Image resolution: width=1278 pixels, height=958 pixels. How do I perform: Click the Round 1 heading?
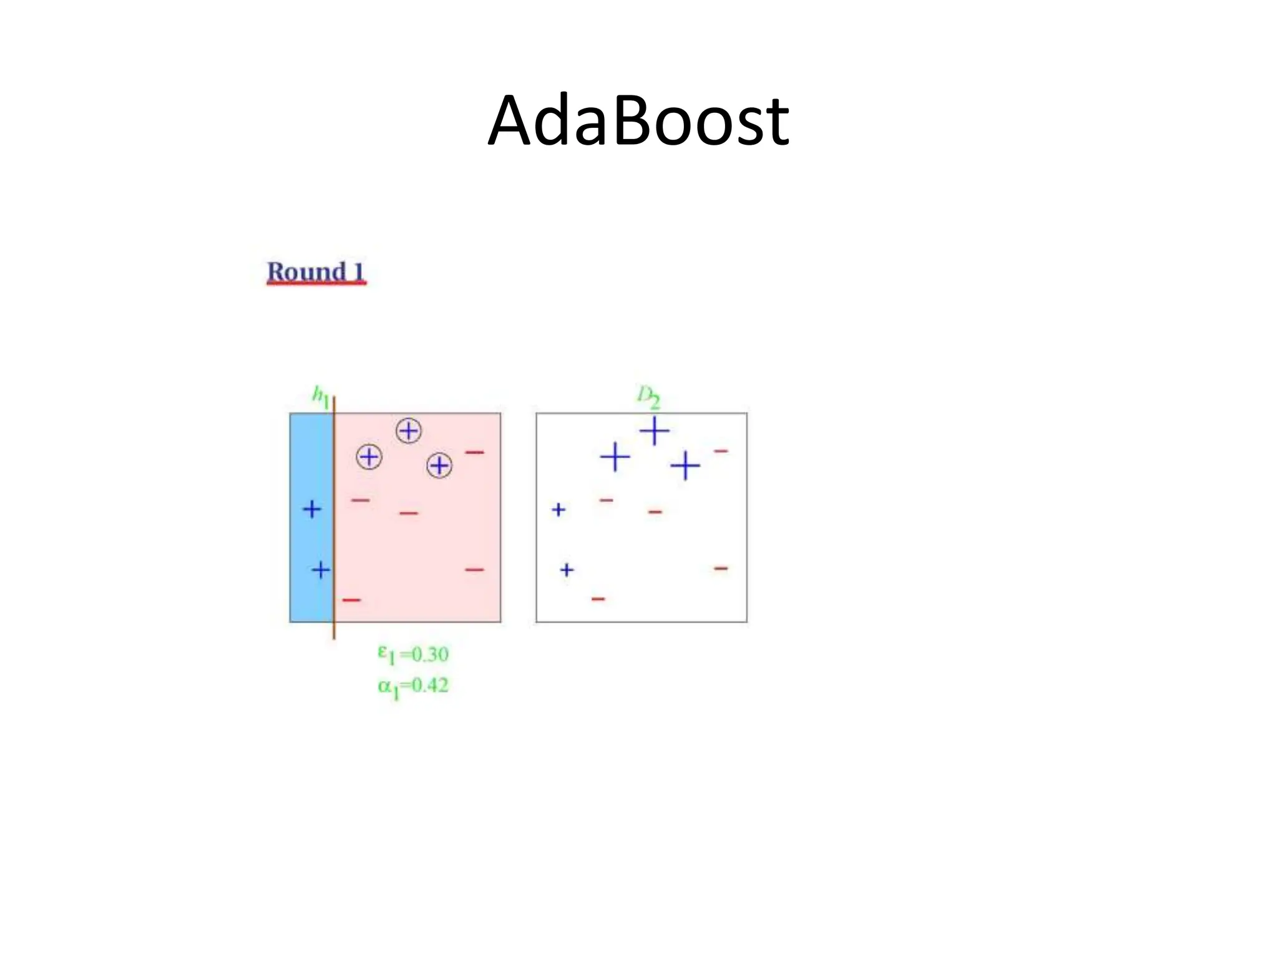point(316,273)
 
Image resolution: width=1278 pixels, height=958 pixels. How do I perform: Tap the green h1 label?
point(320,397)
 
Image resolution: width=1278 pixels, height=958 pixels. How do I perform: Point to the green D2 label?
point(648,396)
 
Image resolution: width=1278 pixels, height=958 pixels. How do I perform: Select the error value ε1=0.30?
point(413,654)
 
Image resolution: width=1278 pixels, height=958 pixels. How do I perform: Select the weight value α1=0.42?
point(413,686)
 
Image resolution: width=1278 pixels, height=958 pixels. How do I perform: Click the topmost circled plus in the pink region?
point(409,430)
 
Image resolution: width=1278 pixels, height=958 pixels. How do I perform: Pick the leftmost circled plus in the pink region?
point(369,457)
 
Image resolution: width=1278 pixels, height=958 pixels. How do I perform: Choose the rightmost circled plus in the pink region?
point(439,465)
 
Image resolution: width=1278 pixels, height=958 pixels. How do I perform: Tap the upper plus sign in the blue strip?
point(312,510)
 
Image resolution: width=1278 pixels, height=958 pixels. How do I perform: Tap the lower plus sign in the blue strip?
point(321,569)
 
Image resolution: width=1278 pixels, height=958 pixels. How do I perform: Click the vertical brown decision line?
point(334,518)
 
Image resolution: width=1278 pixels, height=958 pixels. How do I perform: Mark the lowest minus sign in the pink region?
point(351,600)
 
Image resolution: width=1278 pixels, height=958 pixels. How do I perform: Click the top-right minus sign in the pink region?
point(474,452)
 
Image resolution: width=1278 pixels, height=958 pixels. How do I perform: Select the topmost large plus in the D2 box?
point(654,430)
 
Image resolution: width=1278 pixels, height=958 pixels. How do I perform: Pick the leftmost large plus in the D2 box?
point(615,457)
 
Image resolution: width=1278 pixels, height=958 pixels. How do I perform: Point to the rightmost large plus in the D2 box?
point(685,465)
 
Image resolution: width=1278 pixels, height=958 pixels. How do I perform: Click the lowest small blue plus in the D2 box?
point(567,569)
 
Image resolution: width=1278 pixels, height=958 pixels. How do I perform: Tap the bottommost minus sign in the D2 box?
point(598,599)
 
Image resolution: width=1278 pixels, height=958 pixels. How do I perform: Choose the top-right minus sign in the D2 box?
point(721,450)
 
